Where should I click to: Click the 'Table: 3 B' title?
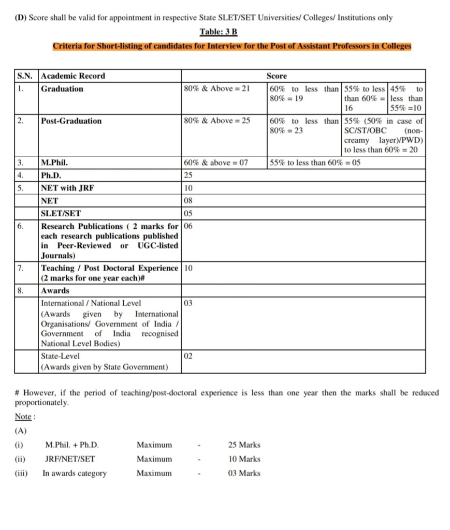(219, 32)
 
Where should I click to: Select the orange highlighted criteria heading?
(231, 46)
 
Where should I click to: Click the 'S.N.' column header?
(24, 76)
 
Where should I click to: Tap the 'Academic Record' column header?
(73, 76)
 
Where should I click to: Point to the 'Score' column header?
(277, 76)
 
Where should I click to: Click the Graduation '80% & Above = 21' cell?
(217, 89)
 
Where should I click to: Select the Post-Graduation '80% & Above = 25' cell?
(217, 121)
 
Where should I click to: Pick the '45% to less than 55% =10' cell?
(407, 98)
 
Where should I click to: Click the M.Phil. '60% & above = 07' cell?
(216, 163)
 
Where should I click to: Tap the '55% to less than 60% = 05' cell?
(315, 163)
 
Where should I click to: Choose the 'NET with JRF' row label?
(68, 188)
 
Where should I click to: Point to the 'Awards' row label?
(55, 291)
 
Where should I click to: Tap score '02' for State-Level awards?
(188, 356)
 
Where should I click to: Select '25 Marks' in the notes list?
(244, 445)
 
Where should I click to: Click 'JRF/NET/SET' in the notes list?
(70, 459)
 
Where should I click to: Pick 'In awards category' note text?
(74, 473)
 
